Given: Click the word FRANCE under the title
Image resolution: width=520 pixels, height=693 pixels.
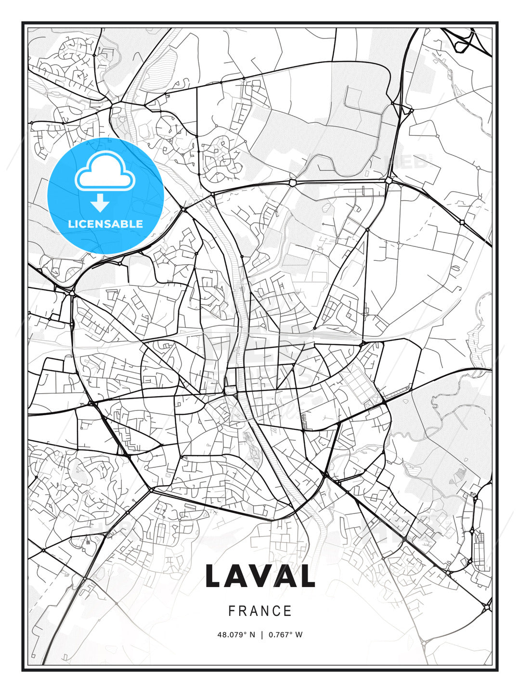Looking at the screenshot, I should point(260,611).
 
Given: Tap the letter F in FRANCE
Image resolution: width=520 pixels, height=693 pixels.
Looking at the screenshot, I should point(232,611).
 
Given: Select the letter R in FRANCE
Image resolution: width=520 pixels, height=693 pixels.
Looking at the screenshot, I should point(242,611).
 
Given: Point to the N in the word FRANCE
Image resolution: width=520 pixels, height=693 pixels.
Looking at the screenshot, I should point(265,611).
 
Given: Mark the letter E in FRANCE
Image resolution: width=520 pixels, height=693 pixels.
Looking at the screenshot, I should point(288,611).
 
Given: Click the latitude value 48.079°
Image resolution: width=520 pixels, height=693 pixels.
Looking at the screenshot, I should point(232,635).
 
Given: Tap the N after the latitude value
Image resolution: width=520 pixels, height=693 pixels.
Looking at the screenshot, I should point(252,635).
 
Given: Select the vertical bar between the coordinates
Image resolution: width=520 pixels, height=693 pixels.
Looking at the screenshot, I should point(262,635).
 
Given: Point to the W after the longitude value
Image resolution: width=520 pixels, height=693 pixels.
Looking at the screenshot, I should point(299,635).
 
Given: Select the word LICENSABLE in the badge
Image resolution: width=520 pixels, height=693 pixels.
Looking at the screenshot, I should point(105,224).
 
